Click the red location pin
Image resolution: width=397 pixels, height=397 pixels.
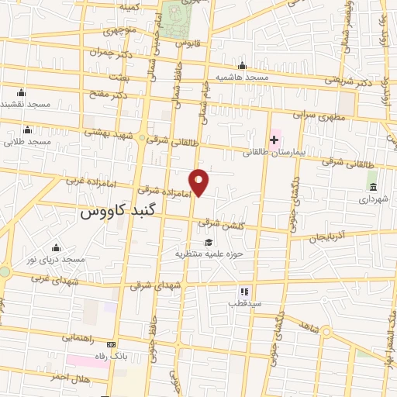pos(200,182)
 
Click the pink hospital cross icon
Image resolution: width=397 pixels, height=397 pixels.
pos(273,140)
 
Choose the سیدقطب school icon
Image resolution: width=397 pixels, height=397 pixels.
pos(243,291)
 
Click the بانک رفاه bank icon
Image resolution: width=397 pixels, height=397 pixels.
pos(112,344)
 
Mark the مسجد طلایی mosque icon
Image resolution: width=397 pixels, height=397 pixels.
pos(29,129)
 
